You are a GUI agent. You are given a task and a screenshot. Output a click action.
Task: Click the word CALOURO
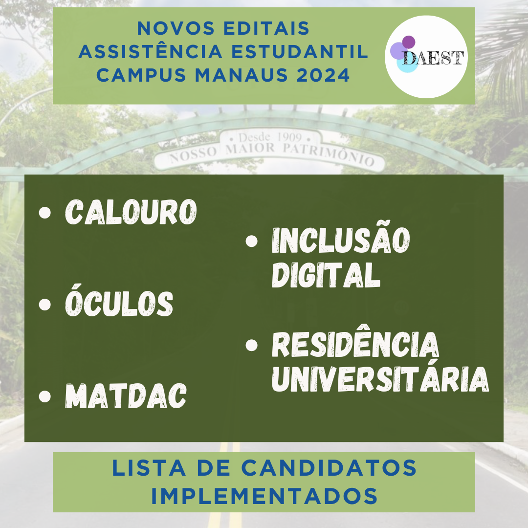(x=131, y=212)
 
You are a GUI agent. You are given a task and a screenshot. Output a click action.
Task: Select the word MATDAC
(x=126, y=396)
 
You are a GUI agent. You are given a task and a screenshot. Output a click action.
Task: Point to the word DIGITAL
(x=326, y=275)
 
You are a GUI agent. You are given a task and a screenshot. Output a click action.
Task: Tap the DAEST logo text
(x=433, y=58)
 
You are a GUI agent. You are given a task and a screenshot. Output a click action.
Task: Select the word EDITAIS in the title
(x=266, y=28)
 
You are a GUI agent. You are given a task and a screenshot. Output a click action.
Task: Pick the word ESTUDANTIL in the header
(x=300, y=51)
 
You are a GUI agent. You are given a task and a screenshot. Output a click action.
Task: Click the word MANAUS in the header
(x=242, y=75)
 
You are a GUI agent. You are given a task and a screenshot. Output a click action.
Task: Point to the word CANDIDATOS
(x=329, y=468)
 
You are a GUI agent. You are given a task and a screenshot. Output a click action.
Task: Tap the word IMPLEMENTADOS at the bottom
(x=264, y=496)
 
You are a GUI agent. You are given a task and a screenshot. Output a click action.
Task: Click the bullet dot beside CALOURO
(x=45, y=213)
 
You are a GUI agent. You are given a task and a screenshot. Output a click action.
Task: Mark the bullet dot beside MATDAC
(x=45, y=396)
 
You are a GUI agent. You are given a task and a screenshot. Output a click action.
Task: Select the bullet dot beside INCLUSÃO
(x=252, y=241)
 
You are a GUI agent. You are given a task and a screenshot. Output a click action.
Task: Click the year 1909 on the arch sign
(x=289, y=137)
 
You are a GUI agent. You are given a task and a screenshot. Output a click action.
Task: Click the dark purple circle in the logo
(x=408, y=42)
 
